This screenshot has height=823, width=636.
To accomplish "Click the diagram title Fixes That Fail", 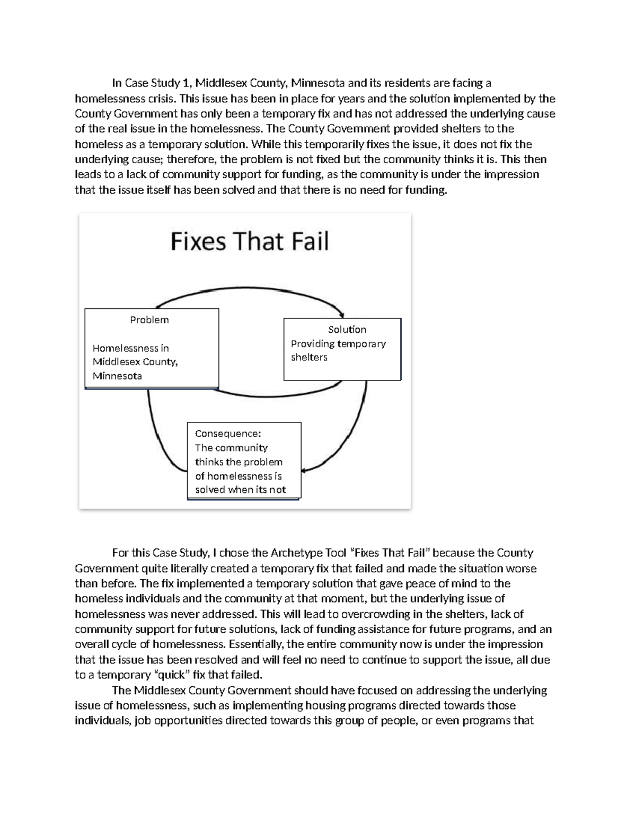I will coord(250,242).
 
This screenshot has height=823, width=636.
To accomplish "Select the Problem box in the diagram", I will coord(152,348).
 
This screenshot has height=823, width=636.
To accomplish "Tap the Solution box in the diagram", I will coord(342,349).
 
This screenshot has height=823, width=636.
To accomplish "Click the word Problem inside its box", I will coord(149,320).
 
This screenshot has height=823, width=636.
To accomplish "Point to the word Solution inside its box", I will coord(347,329).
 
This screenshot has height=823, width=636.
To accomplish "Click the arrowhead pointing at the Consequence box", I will coord(306,470).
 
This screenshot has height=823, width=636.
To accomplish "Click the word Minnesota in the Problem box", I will coord(117,376).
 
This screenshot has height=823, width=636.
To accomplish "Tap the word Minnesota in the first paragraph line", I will coord(317,83).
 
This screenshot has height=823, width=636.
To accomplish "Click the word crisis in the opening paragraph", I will coord(162,99).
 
